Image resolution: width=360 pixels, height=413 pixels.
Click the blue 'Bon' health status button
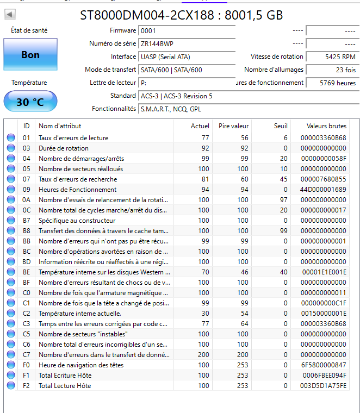30,55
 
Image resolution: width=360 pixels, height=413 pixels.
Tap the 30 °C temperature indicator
30,102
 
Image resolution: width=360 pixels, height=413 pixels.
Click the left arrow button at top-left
10,15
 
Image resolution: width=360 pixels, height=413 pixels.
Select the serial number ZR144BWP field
187,43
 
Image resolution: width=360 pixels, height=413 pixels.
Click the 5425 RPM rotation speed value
331,57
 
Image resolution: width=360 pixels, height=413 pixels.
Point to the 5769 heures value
331,83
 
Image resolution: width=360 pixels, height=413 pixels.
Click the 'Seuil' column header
281,126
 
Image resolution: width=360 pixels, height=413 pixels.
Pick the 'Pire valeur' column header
233,126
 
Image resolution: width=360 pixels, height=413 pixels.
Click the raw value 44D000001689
323,190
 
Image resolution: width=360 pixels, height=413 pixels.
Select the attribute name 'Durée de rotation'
64,148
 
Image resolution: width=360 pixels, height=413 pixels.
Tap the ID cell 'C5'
26,334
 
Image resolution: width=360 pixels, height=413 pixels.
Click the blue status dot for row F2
11,386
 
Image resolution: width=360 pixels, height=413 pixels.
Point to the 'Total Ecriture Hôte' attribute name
65,376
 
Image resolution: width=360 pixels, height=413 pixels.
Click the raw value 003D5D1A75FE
323,386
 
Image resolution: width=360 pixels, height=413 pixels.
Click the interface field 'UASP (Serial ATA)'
187,57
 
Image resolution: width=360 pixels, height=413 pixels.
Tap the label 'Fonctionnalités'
114,109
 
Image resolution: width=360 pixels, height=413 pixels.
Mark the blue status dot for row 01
11,138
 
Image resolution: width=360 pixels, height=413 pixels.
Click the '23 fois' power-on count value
331,70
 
